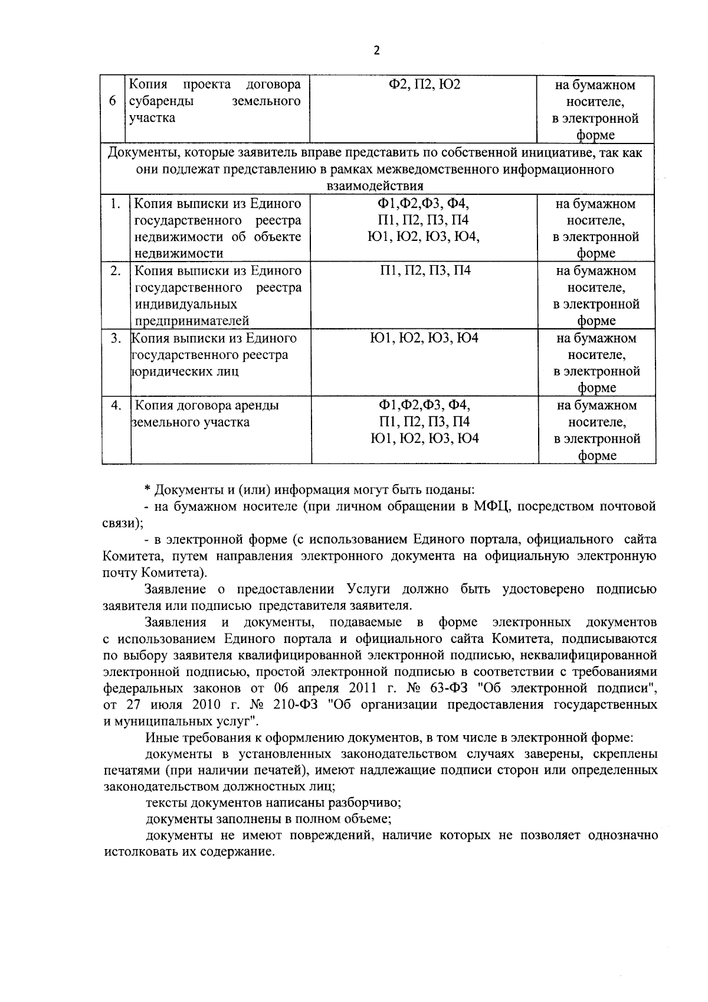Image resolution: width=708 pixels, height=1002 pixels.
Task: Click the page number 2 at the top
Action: pyautogui.click(x=377, y=50)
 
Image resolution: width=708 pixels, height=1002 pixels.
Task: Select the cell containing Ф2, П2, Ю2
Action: pyautogui.click(x=424, y=85)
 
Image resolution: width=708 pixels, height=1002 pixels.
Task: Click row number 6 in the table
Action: pyautogui.click(x=112, y=102)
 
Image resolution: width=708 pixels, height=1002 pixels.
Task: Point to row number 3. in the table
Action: pyautogui.click(x=116, y=338)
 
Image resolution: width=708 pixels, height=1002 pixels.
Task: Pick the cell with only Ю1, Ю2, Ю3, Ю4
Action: pyautogui.click(x=424, y=338)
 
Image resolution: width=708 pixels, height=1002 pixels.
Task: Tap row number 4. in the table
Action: pyautogui.click(x=116, y=406)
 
